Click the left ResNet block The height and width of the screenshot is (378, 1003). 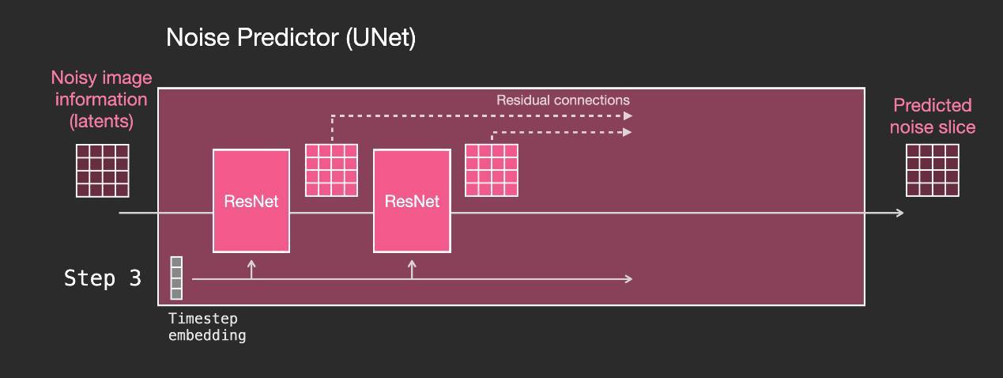[x=251, y=201]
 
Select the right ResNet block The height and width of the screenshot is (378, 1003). [x=412, y=201]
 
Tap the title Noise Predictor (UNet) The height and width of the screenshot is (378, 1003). [x=291, y=37]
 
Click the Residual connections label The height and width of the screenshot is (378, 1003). [x=563, y=100]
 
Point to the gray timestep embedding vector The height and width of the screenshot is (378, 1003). [x=176, y=278]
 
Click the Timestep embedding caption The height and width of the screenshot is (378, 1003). [x=207, y=327]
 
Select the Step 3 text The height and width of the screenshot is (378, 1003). [x=103, y=278]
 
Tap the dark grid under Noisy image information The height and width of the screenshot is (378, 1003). [x=103, y=171]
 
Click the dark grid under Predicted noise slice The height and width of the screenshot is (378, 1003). [x=932, y=170]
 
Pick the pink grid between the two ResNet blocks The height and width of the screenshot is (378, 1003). [x=331, y=170]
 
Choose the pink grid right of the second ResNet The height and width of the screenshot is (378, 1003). [x=492, y=170]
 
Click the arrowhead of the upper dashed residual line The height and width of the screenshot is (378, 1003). [x=628, y=116]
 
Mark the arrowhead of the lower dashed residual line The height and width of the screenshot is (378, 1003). [x=628, y=132]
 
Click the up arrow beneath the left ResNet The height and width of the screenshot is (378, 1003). [x=251, y=270]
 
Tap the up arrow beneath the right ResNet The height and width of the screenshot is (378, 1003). [x=412, y=270]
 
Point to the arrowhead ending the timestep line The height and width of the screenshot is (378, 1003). [x=628, y=279]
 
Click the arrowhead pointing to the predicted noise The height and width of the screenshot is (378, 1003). [x=899, y=213]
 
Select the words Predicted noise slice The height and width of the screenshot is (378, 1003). [x=933, y=116]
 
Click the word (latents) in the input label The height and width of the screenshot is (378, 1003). [x=102, y=121]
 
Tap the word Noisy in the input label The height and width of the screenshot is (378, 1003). [x=74, y=78]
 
